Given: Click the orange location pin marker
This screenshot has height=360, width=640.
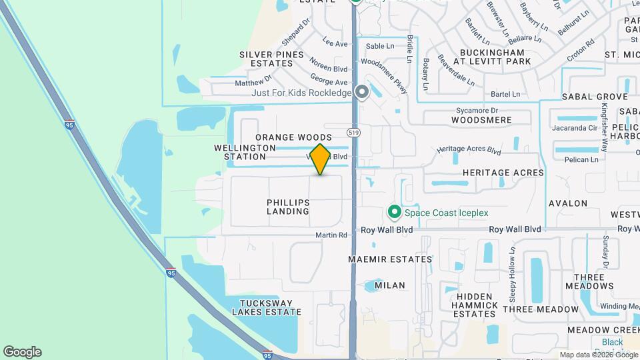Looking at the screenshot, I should pyautogui.click(x=320, y=159).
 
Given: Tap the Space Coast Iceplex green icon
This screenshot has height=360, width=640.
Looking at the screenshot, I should pyautogui.click(x=394, y=213).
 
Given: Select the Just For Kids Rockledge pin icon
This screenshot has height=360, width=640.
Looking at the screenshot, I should pyautogui.click(x=362, y=92).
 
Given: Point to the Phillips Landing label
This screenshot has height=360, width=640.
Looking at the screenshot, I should pyautogui.click(x=289, y=207).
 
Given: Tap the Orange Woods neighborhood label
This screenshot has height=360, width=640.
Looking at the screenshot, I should pyautogui.click(x=293, y=137).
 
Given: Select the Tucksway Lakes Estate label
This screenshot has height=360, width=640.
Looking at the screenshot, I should pyautogui.click(x=266, y=307).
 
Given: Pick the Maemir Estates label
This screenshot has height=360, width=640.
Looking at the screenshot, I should pyautogui.click(x=390, y=259).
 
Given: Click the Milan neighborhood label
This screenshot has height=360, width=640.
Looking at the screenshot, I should pyautogui.click(x=390, y=285).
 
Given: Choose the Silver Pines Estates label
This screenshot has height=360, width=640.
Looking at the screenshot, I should pyautogui.click(x=267, y=59).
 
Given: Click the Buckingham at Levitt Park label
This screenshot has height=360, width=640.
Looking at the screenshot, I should pyautogui.click(x=493, y=57).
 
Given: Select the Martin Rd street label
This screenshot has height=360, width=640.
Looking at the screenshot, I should pyautogui.click(x=332, y=235).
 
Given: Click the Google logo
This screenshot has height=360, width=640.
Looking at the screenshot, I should pyautogui.click(x=22, y=352).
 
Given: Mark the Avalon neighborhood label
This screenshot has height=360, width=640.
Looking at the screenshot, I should pyautogui.click(x=567, y=203).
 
